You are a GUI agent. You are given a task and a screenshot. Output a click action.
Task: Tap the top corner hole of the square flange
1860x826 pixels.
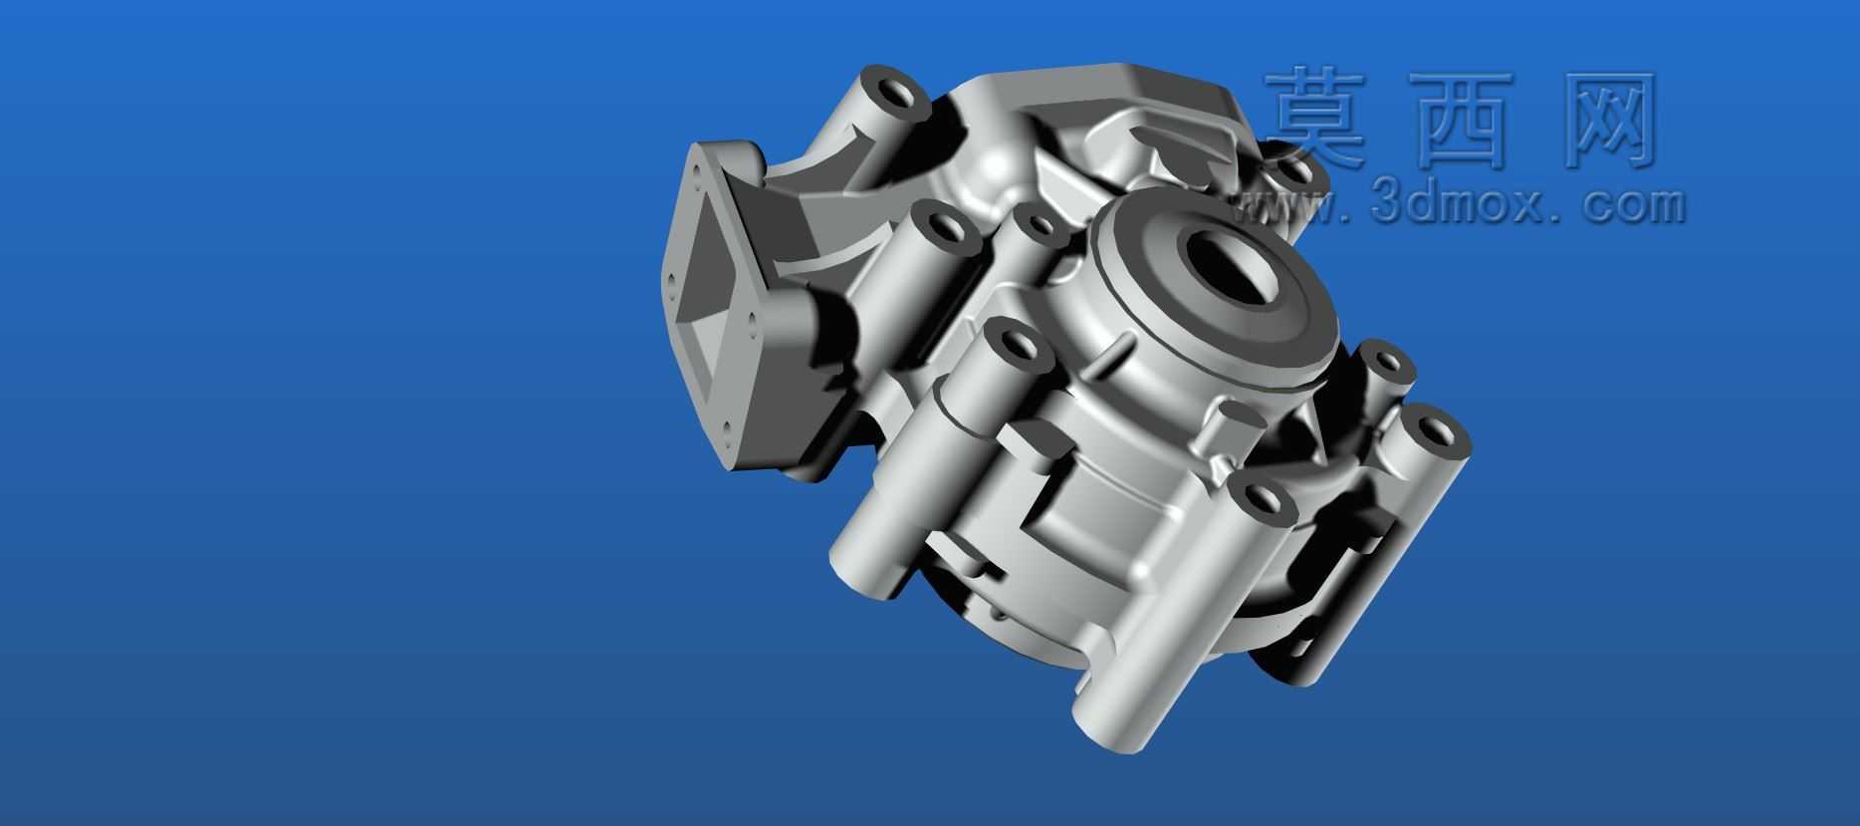tap(699, 173)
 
